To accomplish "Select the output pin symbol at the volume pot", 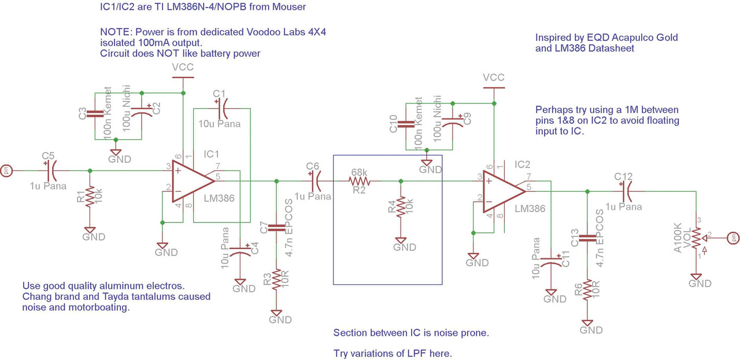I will tap(733, 237).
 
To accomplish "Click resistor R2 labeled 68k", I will tap(358, 181).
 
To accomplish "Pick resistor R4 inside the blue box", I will tap(400, 206).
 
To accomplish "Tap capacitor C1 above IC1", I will tap(222, 108).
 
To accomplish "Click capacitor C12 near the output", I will tap(627, 191).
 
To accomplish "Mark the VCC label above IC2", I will tap(493, 77).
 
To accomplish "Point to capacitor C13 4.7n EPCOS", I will tap(588, 237).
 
